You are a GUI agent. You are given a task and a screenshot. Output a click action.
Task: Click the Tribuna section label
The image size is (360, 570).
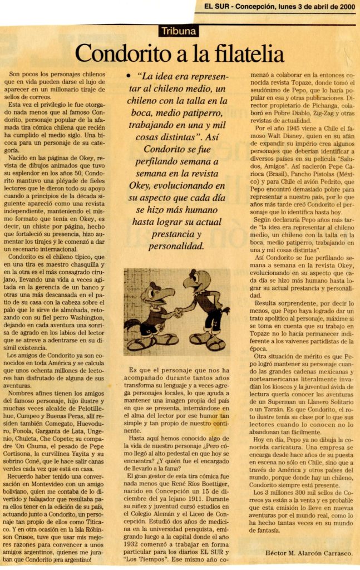[180, 31]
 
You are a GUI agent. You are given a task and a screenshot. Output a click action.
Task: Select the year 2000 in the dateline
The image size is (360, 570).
[344, 7]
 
